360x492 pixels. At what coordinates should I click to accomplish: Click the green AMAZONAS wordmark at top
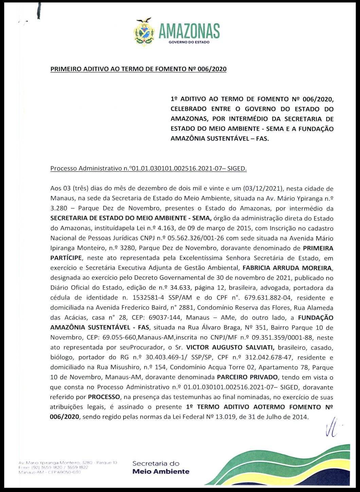[189, 31]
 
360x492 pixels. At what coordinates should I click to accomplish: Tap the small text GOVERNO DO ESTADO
[189, 42]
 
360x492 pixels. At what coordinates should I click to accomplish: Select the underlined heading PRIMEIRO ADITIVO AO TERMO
[138, 69]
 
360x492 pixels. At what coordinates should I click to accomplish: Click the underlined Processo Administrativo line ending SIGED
[148, 168]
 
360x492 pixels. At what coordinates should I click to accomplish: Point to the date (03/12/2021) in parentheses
[264, 188]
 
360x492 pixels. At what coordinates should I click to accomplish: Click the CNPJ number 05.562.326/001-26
[197, 238]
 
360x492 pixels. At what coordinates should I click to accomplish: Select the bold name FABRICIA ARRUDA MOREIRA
[287, 268]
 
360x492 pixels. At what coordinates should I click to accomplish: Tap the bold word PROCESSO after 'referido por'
[104, 397]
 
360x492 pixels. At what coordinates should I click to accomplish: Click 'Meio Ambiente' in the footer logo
[161, 472]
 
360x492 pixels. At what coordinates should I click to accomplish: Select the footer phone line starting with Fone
[53, 467]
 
